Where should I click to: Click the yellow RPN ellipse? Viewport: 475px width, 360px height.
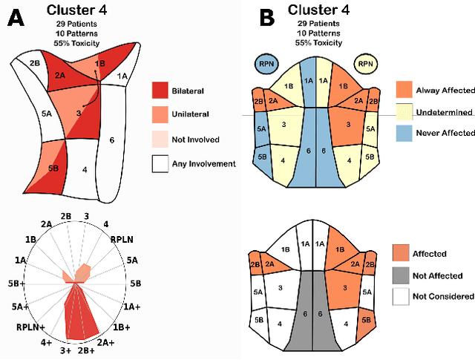coord(366,64)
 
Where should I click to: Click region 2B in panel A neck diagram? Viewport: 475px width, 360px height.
coord(34,64)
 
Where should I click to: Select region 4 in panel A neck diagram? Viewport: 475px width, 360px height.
coord(85,169)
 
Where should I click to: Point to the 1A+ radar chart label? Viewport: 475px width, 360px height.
coord(132,306)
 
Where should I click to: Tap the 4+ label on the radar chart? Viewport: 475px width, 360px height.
coord(46,342)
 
